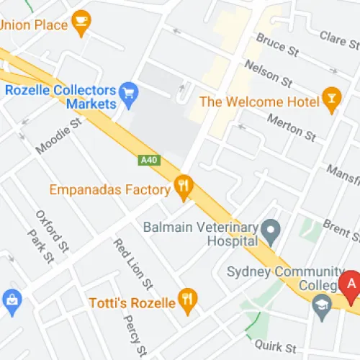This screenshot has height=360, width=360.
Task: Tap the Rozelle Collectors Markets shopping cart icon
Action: click(x=130, y=91)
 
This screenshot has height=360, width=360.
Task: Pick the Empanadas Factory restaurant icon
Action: click(x=184, y=189)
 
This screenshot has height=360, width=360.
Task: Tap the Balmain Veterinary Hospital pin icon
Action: click(x=271, y=231)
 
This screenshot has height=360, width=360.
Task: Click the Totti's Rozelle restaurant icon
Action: click(x=188, y=302)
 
